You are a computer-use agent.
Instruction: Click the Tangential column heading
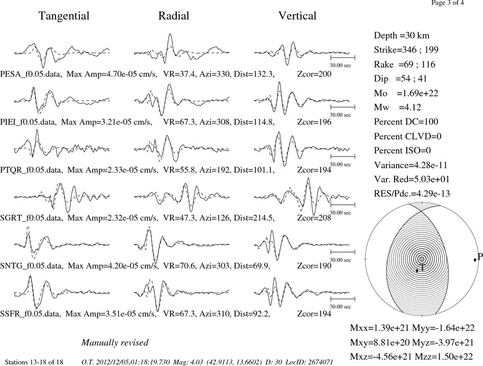(64, 16)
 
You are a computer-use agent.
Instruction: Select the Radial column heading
(174, 16)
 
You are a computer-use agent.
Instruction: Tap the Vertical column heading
(297, 16)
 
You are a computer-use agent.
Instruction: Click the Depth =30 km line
(401, 35)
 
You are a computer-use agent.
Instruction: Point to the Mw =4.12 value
(398, 107)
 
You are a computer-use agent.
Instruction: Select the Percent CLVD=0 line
(408, 136)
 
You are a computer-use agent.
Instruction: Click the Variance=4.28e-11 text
(410, 165)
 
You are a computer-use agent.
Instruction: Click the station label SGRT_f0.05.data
(31, 218)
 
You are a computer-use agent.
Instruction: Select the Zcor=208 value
(314, 218)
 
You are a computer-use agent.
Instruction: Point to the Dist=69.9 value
(252, 266)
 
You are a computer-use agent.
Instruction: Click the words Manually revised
(115, 343)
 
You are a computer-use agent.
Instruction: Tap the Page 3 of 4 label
(447, 3)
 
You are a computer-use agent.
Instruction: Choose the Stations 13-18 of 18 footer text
(34, 362)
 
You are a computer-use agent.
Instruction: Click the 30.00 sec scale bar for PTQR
(343, 156)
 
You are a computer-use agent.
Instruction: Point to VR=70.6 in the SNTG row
(179, 266)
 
